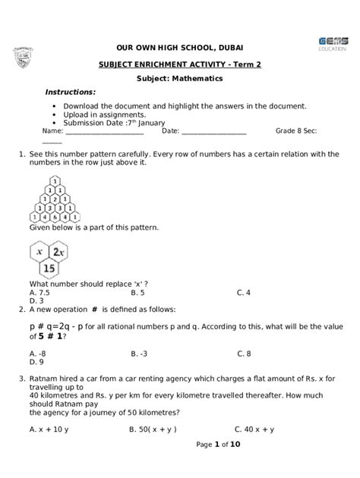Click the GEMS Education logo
[330, 42]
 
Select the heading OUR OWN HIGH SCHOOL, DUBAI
[180, 46]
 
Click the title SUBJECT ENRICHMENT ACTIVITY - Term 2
[180, 65]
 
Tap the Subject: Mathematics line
[180, 79]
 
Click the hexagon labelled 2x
[58, 251]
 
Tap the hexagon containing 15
[49, 268]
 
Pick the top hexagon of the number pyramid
[55, 181]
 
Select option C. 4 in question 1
[243, 292]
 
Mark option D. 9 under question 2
[36, 362]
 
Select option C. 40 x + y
[254, 429]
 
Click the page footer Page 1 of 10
[217, 445]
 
